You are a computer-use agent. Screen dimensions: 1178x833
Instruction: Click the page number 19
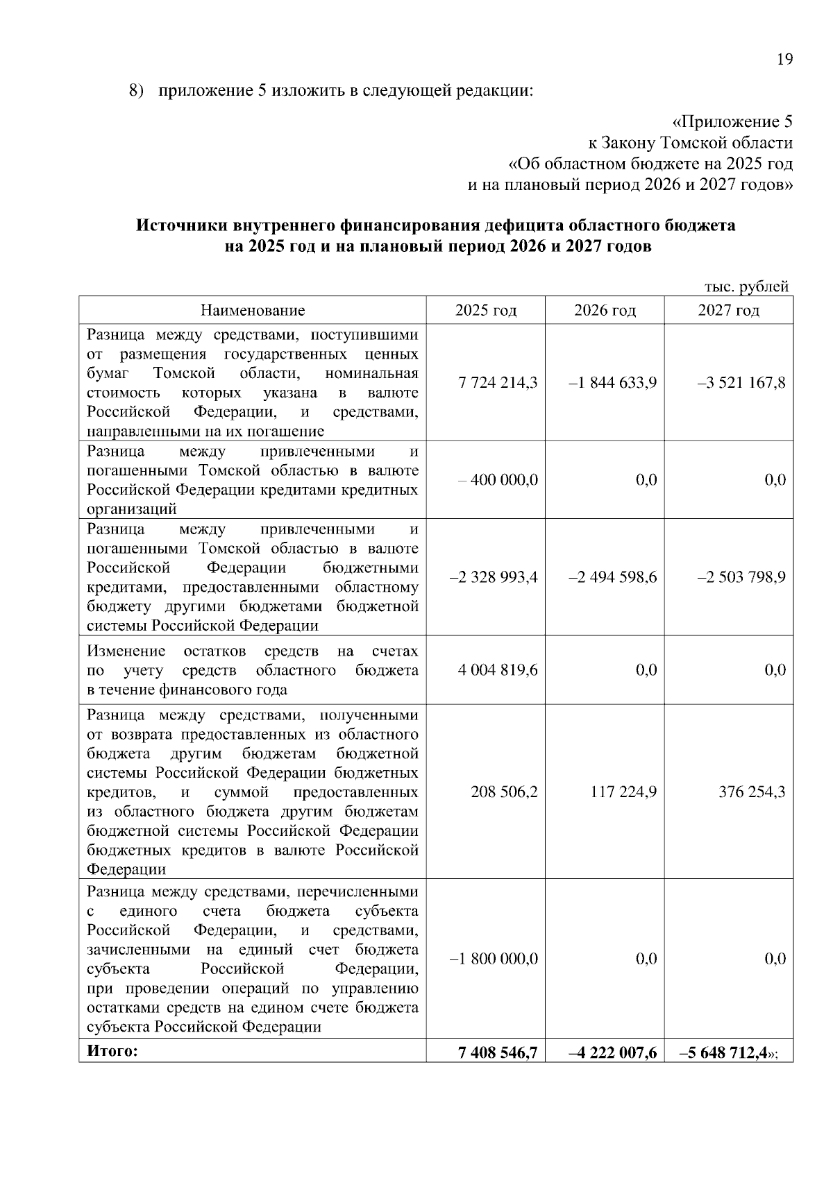[784, 60]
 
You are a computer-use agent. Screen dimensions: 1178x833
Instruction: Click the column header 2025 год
[485, 310]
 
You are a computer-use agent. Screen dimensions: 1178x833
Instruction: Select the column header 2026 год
[604, 310]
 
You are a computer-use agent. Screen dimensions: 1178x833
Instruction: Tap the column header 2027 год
[728, 310]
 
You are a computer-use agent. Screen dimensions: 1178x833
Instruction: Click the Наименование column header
[253, 310]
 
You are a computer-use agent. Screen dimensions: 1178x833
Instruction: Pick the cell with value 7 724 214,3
[498, 382]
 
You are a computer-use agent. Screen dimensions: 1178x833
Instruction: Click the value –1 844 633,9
[612, 382]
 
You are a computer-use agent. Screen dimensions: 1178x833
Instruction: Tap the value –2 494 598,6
[612, 577]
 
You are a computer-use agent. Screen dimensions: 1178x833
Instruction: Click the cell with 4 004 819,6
[498, 670]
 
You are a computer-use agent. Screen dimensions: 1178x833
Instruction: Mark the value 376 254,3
[752, 792]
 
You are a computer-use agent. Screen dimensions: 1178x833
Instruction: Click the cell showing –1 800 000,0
[494, 959]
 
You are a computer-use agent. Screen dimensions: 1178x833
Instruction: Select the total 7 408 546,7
[498, 1053]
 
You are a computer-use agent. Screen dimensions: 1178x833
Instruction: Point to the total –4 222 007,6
[612, 1053]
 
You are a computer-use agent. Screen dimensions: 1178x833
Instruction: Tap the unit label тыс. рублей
[746, 287]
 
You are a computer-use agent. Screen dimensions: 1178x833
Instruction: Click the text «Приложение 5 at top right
[732, 122]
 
